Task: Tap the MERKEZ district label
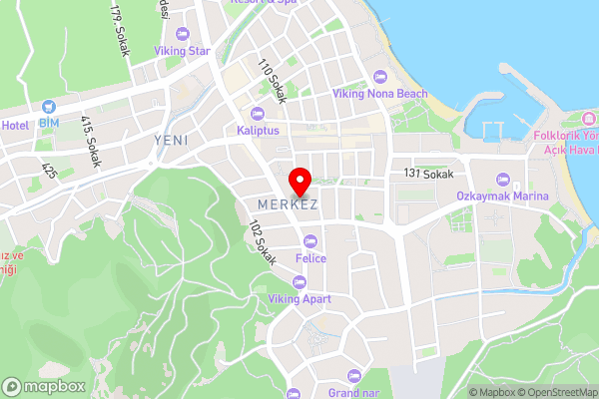tap(287, 204)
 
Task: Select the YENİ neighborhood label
tap(171, 141)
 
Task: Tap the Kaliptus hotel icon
tap(259, 113)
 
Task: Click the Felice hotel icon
tap(310, 240)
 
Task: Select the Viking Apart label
tap(299, 298)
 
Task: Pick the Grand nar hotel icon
tap(354, 376)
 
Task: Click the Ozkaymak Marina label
tap(503, 196)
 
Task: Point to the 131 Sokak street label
tap(429, 174)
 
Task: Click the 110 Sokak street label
tap(272, 83)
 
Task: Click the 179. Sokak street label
tap(119, 30)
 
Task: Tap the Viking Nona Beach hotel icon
tap(379, 77)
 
